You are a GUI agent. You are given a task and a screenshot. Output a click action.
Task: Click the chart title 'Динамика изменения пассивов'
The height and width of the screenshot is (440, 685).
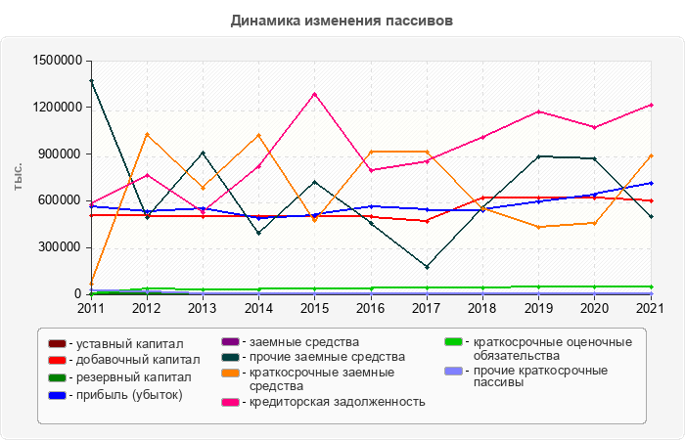click(342, 20)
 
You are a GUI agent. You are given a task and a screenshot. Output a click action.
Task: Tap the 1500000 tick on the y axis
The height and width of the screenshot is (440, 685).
click(55, 61)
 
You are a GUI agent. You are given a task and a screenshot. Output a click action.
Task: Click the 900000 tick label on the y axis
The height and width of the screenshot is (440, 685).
click(58, 154)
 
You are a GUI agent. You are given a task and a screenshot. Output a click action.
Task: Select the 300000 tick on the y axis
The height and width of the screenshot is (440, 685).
click(58, 247)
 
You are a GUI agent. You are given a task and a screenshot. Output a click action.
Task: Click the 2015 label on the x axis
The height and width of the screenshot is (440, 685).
click(314, 308)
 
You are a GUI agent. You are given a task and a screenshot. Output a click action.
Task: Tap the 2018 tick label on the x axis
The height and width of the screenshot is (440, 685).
click(482, 308)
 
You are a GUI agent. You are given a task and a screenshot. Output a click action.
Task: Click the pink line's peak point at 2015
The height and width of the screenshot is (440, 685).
click(314, 94)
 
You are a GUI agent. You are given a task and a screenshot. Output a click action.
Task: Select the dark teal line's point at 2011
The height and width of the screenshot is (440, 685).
click(91, 80)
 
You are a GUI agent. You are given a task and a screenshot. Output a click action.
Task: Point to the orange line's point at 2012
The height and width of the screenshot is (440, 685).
click(147, 134)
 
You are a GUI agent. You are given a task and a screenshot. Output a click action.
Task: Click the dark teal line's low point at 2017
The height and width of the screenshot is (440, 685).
click(427, 267)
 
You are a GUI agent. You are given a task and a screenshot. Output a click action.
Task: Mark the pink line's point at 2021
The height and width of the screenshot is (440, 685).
click(651, 105)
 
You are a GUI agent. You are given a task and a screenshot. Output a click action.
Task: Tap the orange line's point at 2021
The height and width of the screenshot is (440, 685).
click(651, 155)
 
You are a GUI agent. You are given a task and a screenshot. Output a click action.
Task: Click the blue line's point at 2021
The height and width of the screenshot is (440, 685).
click(651, 183)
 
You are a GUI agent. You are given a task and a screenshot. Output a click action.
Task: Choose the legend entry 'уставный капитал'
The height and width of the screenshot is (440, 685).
click(128, 344)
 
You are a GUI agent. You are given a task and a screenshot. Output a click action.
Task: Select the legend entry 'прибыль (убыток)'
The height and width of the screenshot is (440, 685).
click(128, 394)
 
